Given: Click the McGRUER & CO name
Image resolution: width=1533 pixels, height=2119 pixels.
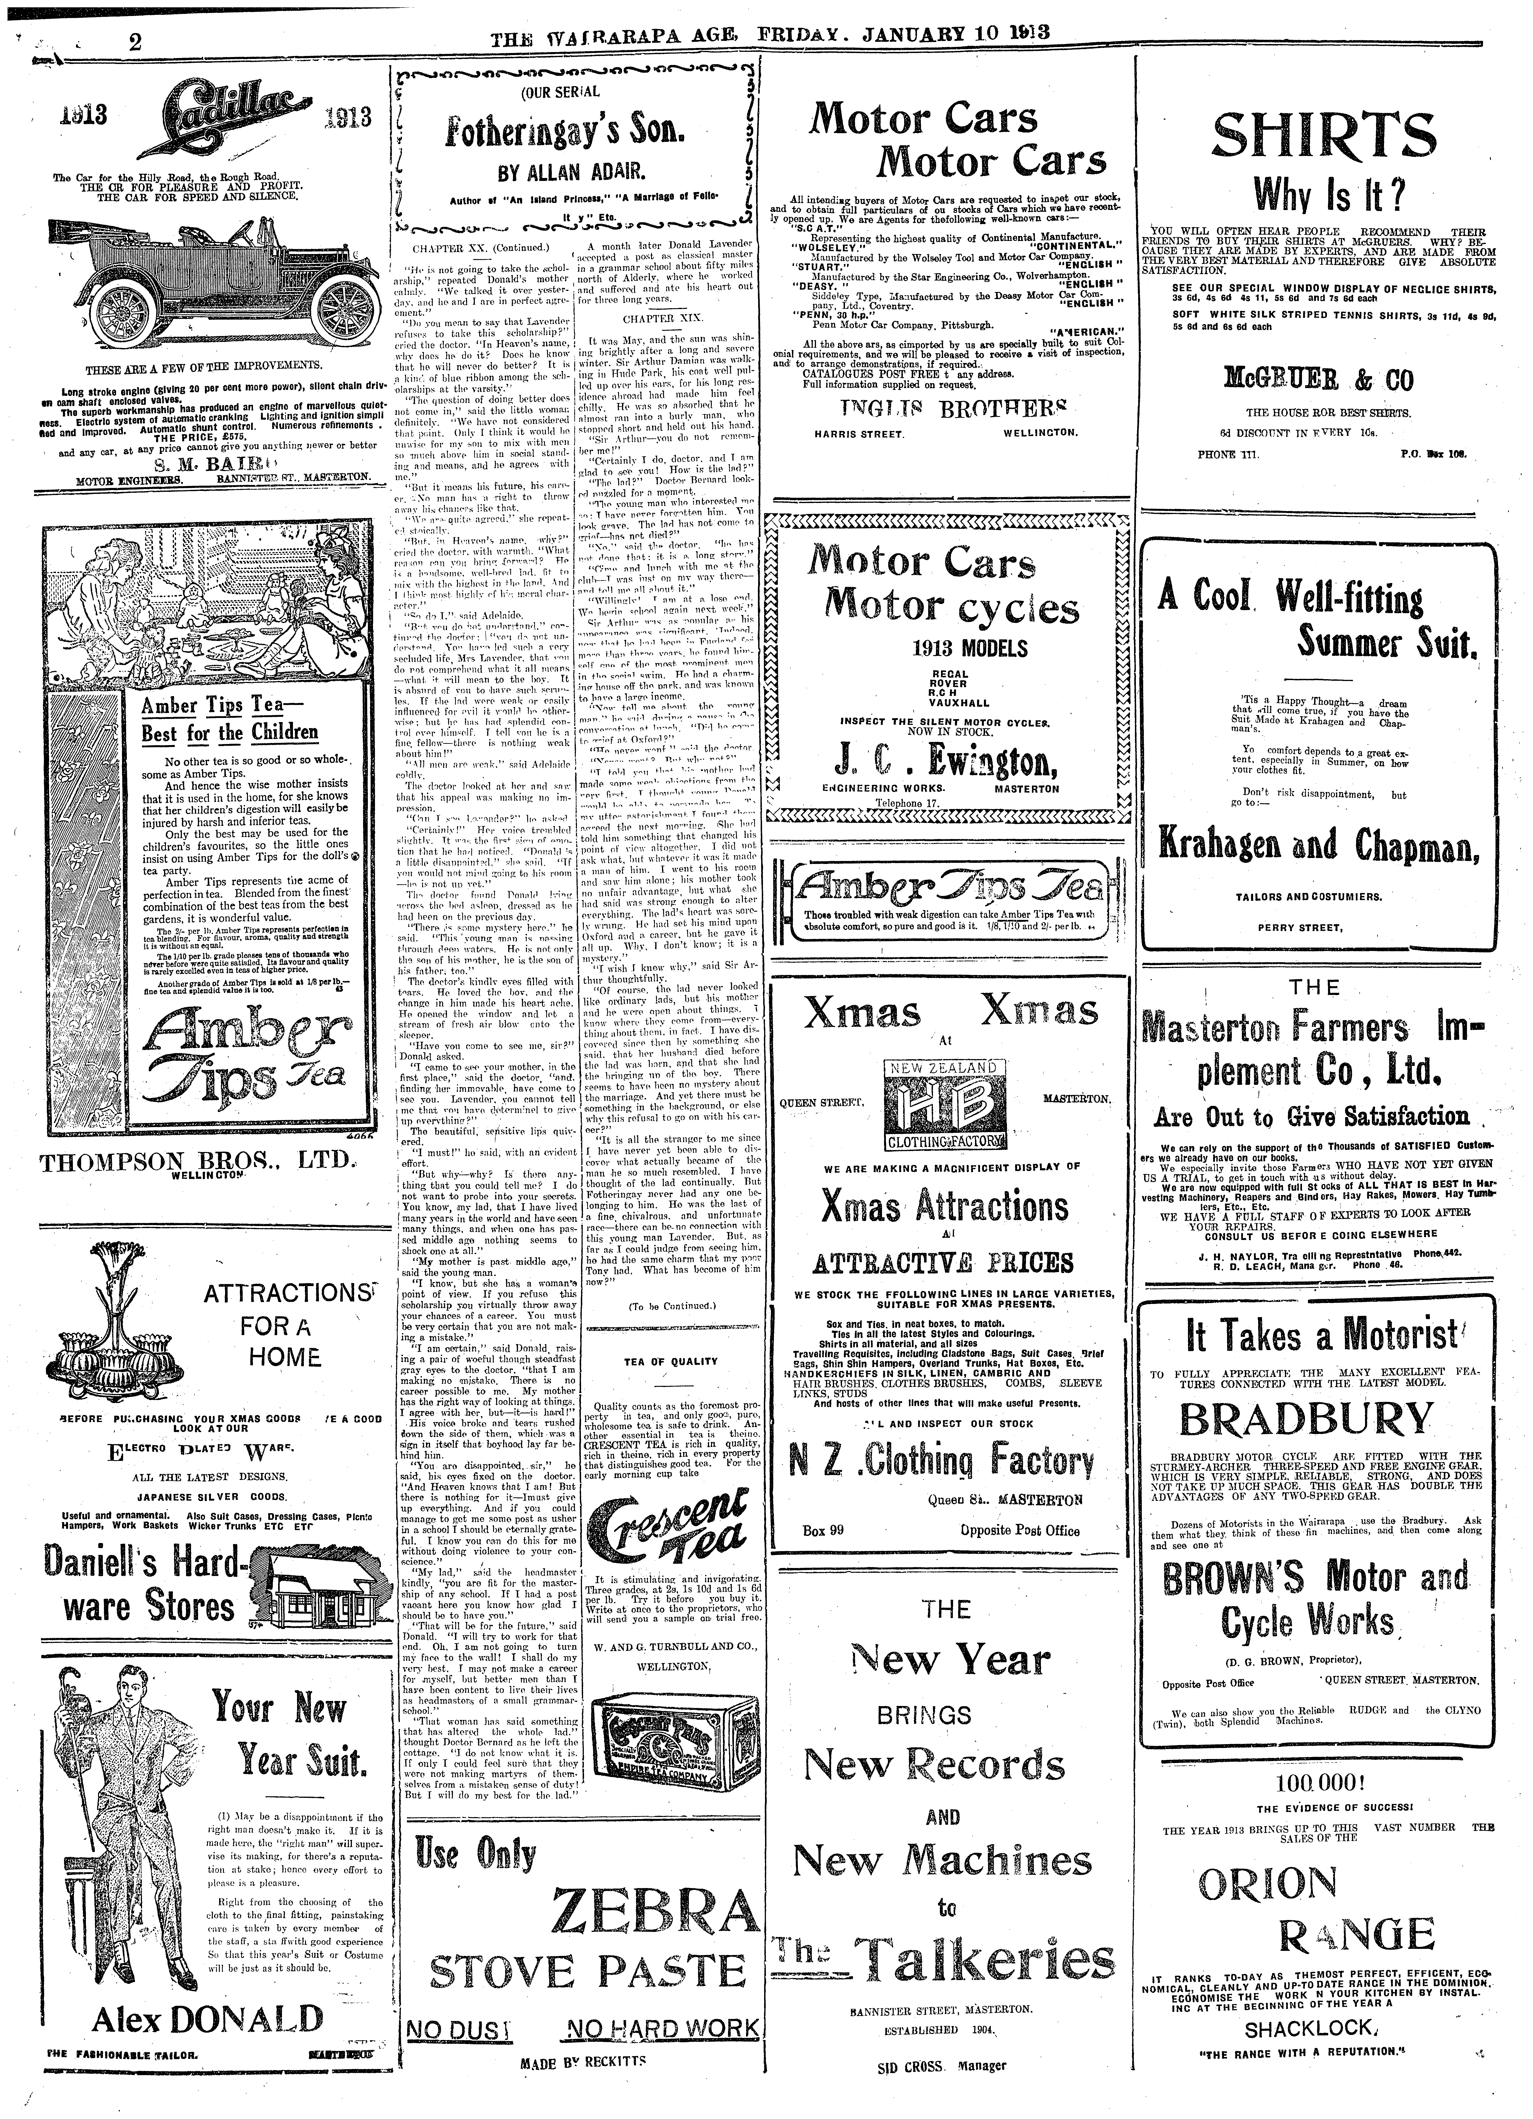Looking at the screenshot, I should [x=1318, y=380].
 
